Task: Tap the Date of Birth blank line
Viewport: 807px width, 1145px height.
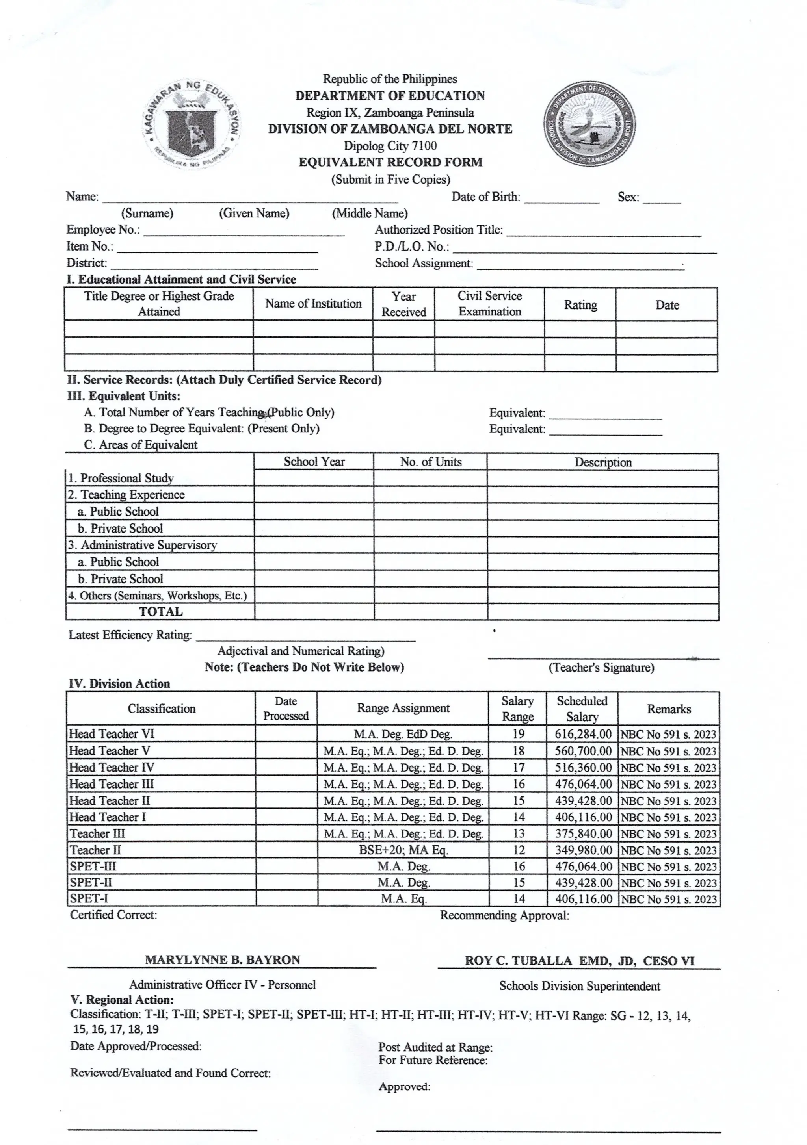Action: (561, 199)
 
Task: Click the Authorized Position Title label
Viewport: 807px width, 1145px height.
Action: (439, 230)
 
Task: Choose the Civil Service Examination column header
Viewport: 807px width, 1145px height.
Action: (489, 304)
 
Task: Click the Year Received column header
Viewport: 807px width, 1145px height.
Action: (403, 304)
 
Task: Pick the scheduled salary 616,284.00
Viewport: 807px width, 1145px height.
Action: (582, 734)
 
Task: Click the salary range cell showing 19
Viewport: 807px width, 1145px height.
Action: (518, 734)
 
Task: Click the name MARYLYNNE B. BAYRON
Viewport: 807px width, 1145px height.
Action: (223, 960)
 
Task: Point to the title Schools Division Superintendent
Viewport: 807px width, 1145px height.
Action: (580, 986)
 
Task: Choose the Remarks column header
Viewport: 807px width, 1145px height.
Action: (669, 709)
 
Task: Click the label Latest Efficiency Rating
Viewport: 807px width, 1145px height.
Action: (130, 635)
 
